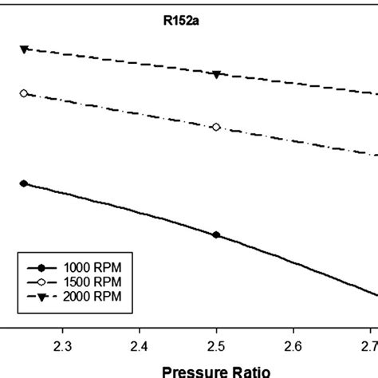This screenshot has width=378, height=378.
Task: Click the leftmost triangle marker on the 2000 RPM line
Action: coord(24,49)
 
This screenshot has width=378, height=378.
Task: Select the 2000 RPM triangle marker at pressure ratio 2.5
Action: coord(216,74)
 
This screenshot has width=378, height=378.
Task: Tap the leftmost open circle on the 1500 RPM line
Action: coord(24,93)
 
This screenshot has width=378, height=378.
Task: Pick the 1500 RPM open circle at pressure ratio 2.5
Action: coord(216,127)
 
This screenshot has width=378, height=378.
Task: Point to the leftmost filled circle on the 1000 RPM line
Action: coord(24,183)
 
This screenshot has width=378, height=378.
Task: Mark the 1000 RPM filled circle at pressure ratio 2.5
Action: coord(216,235)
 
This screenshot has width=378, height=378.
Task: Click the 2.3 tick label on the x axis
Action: coord(62,345)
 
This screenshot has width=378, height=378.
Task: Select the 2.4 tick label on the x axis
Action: coord(140,345)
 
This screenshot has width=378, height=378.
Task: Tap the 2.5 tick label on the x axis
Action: coord(216,345)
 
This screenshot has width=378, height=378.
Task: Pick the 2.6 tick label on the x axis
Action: coord(293,345)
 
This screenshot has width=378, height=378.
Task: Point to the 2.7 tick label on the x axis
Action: coord(368,345)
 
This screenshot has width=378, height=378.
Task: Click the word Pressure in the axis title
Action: coord(191,371)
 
